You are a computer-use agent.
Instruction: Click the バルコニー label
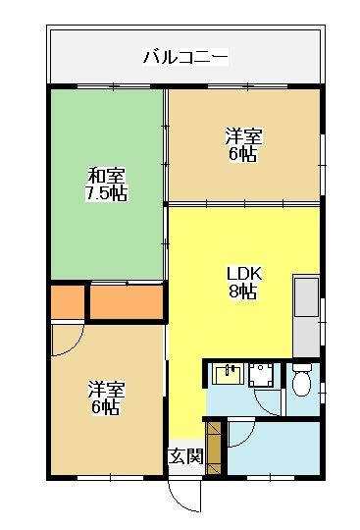[185, 57]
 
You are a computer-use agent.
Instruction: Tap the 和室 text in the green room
[106, 176]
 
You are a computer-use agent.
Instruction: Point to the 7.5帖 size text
[106, 193]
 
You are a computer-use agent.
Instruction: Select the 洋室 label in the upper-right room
[243, 136]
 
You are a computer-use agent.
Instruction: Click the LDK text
[244, 274]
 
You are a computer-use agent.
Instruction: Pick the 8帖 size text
[243, 291]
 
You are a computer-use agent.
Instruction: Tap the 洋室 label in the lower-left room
[106, 389]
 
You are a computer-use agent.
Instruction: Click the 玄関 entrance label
[185, 456]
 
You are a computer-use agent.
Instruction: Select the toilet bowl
[301, 380]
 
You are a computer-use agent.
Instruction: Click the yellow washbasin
[230, 374]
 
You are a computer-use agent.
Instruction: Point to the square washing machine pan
[261, 375]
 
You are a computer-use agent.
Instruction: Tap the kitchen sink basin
[306, 297]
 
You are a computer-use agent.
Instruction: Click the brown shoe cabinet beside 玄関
[214, 448]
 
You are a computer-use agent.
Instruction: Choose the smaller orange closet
[68, 302]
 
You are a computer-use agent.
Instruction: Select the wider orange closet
[127, 302]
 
